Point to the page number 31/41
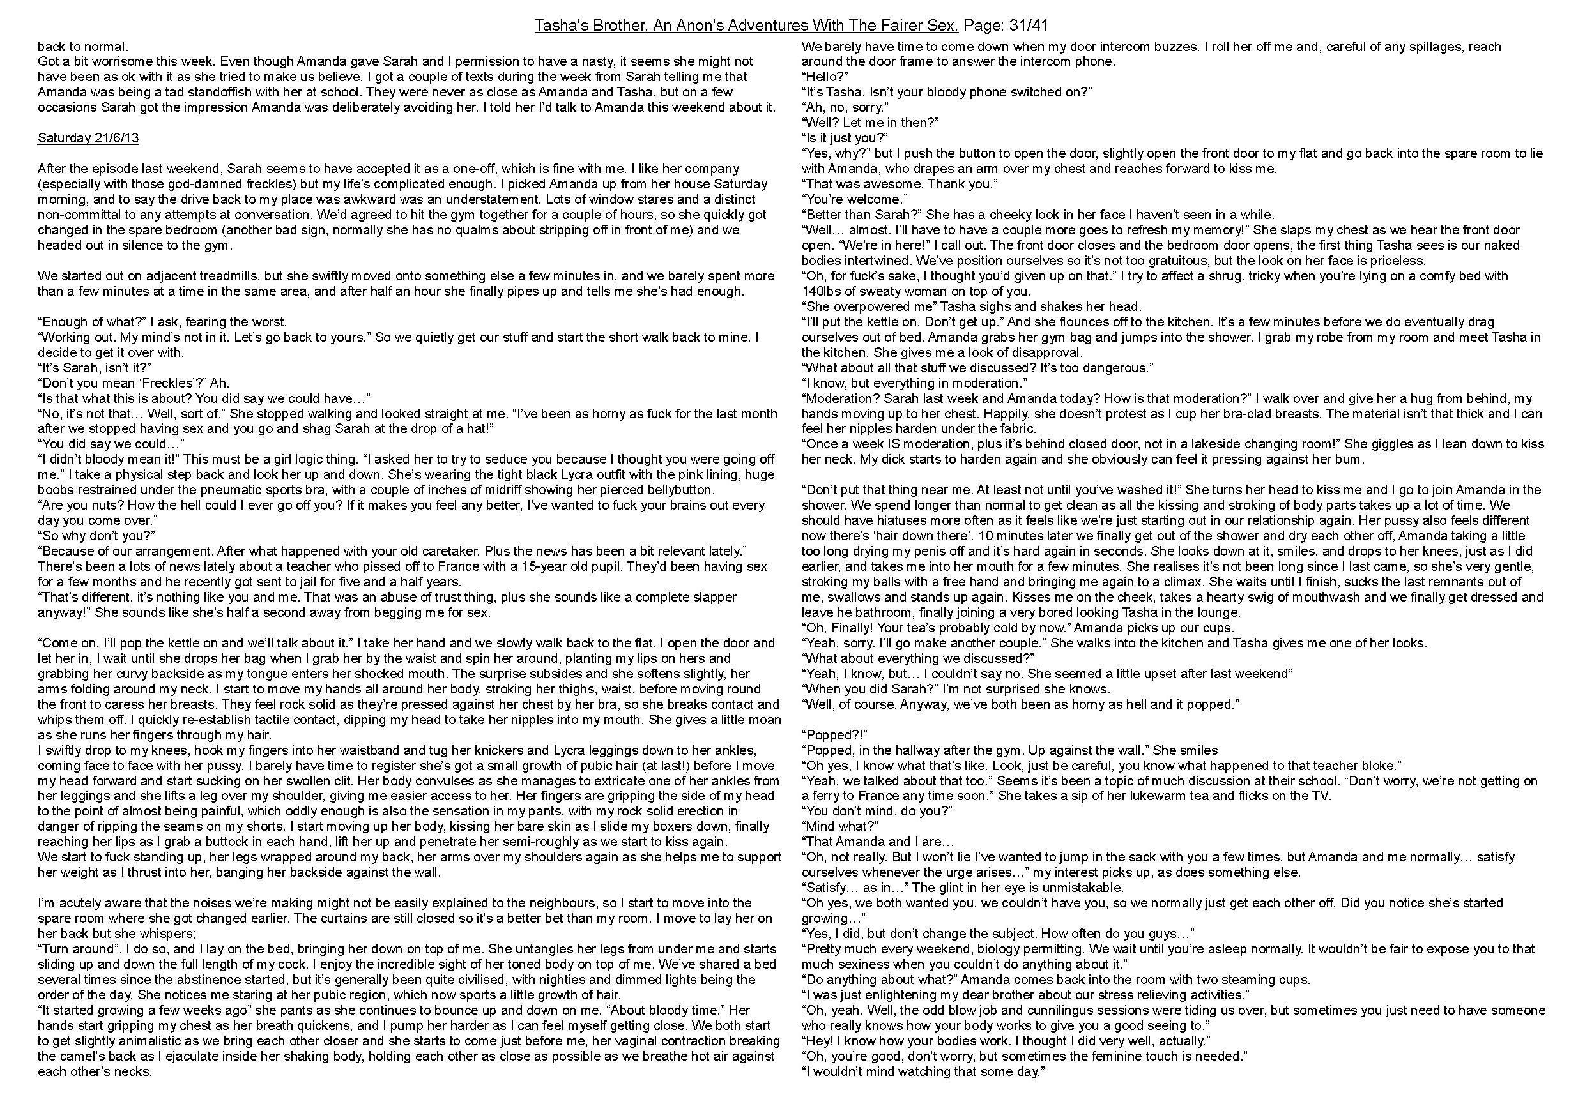[1029, 26]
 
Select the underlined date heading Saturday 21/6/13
[88, 138]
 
